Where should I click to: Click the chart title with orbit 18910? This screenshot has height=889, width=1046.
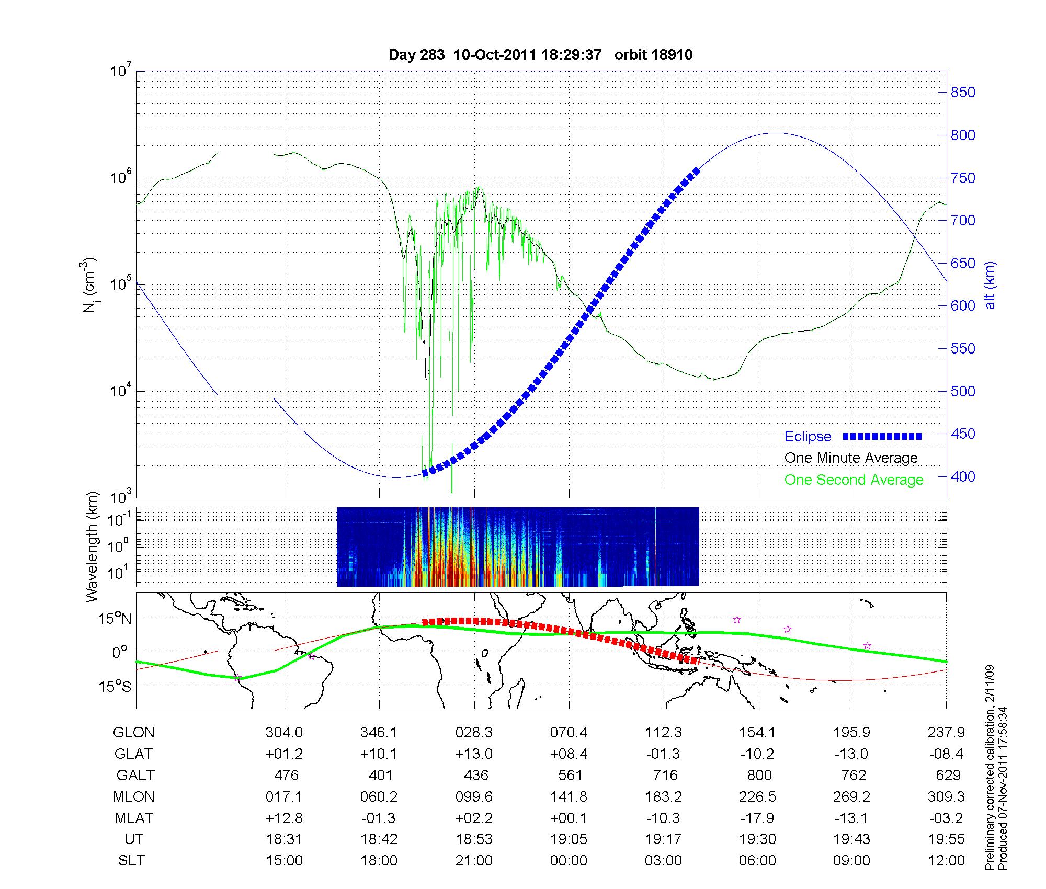point(540,55)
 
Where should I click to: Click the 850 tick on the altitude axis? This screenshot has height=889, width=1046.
point(963,93)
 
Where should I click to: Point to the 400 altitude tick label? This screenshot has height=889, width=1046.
point(963,476)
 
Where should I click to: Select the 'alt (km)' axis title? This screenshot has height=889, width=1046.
point(990,286)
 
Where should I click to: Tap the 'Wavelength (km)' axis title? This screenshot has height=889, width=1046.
point(92,546)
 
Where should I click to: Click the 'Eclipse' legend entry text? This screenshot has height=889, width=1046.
point(808,437)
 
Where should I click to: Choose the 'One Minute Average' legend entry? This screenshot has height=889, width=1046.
point(851,458)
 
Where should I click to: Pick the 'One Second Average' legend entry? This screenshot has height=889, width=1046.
point(854,480)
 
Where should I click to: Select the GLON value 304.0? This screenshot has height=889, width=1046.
point(284,733)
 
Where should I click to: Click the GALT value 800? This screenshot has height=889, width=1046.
point(759,775)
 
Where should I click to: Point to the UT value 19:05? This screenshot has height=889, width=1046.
point(569,839)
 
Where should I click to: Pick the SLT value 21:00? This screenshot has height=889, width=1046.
point(474,860)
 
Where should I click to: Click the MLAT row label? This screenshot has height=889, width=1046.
point(134,818)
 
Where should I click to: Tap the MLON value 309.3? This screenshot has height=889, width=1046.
point(948,796)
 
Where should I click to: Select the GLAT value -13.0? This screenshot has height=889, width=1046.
point(852,754)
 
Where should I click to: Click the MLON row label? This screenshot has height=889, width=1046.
point(134,796)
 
